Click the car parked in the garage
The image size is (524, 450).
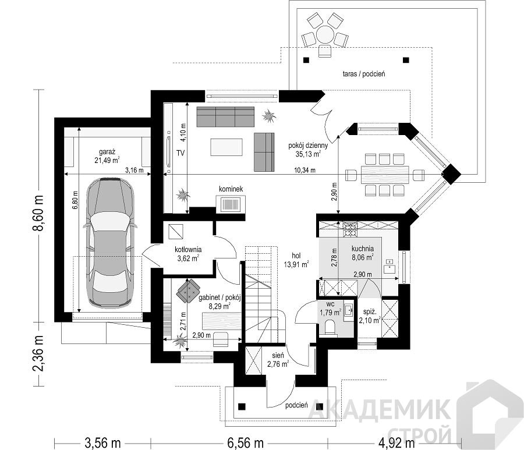pos(111,243)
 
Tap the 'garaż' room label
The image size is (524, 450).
pos(107,151)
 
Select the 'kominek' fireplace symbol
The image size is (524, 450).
pos(231,203)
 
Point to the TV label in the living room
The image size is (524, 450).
pos(180,153)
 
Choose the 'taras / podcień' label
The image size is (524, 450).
pos(363,74)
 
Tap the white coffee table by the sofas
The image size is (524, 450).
pos(226,147)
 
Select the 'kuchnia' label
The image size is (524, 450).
pos(363,249)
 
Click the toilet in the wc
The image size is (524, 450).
pos(330,327)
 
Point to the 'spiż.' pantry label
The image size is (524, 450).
pos(370,313)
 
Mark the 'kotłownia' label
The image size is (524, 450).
pos(188,250)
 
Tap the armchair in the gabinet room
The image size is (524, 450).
pos(189,290)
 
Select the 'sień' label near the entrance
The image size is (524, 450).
pos(278,356)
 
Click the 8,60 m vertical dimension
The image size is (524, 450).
pos(40,213)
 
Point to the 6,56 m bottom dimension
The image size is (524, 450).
pos(245,444)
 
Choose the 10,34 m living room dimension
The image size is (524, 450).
pos(305,170)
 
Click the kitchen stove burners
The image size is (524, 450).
pos(350,229)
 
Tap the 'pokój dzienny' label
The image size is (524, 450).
pos(308,146)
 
